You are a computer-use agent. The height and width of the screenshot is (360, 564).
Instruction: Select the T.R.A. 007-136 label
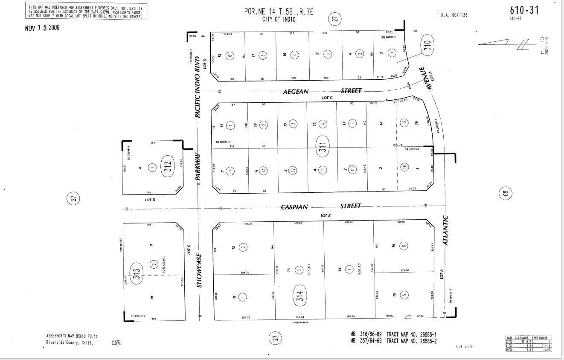[452, 15]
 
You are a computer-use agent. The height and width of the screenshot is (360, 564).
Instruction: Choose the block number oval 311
[323, 147]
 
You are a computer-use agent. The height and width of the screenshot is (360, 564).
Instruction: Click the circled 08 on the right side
[506, 194]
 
